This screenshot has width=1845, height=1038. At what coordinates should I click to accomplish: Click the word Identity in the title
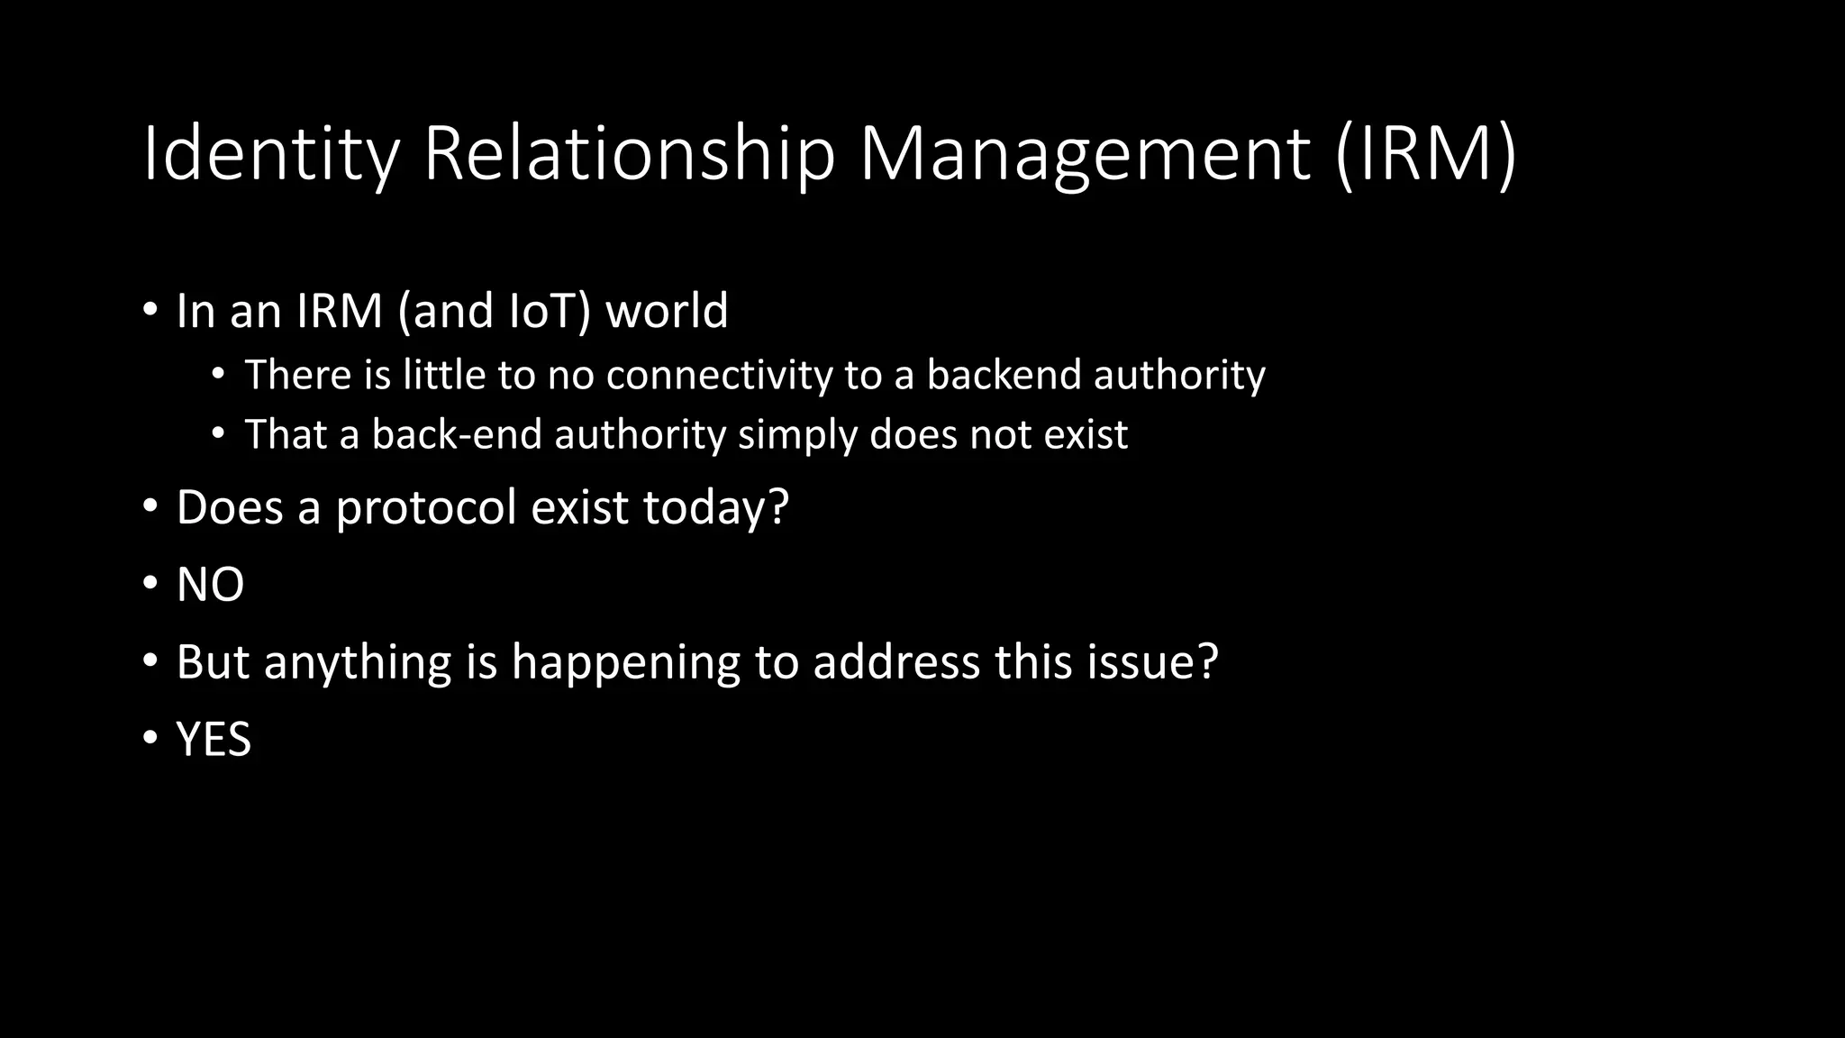270,155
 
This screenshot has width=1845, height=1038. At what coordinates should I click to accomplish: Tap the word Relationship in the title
629,155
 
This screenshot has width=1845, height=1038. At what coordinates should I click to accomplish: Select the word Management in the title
1084,155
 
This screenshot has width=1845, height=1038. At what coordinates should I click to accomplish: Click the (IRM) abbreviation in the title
1426,155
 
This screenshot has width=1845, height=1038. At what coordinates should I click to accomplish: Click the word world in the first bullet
667,312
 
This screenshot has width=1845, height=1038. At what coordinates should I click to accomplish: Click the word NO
210,586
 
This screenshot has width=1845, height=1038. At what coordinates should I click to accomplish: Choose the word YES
214,741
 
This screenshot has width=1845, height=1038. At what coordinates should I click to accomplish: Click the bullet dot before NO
150,584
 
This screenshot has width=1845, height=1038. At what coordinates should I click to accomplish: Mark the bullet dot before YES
150,739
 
